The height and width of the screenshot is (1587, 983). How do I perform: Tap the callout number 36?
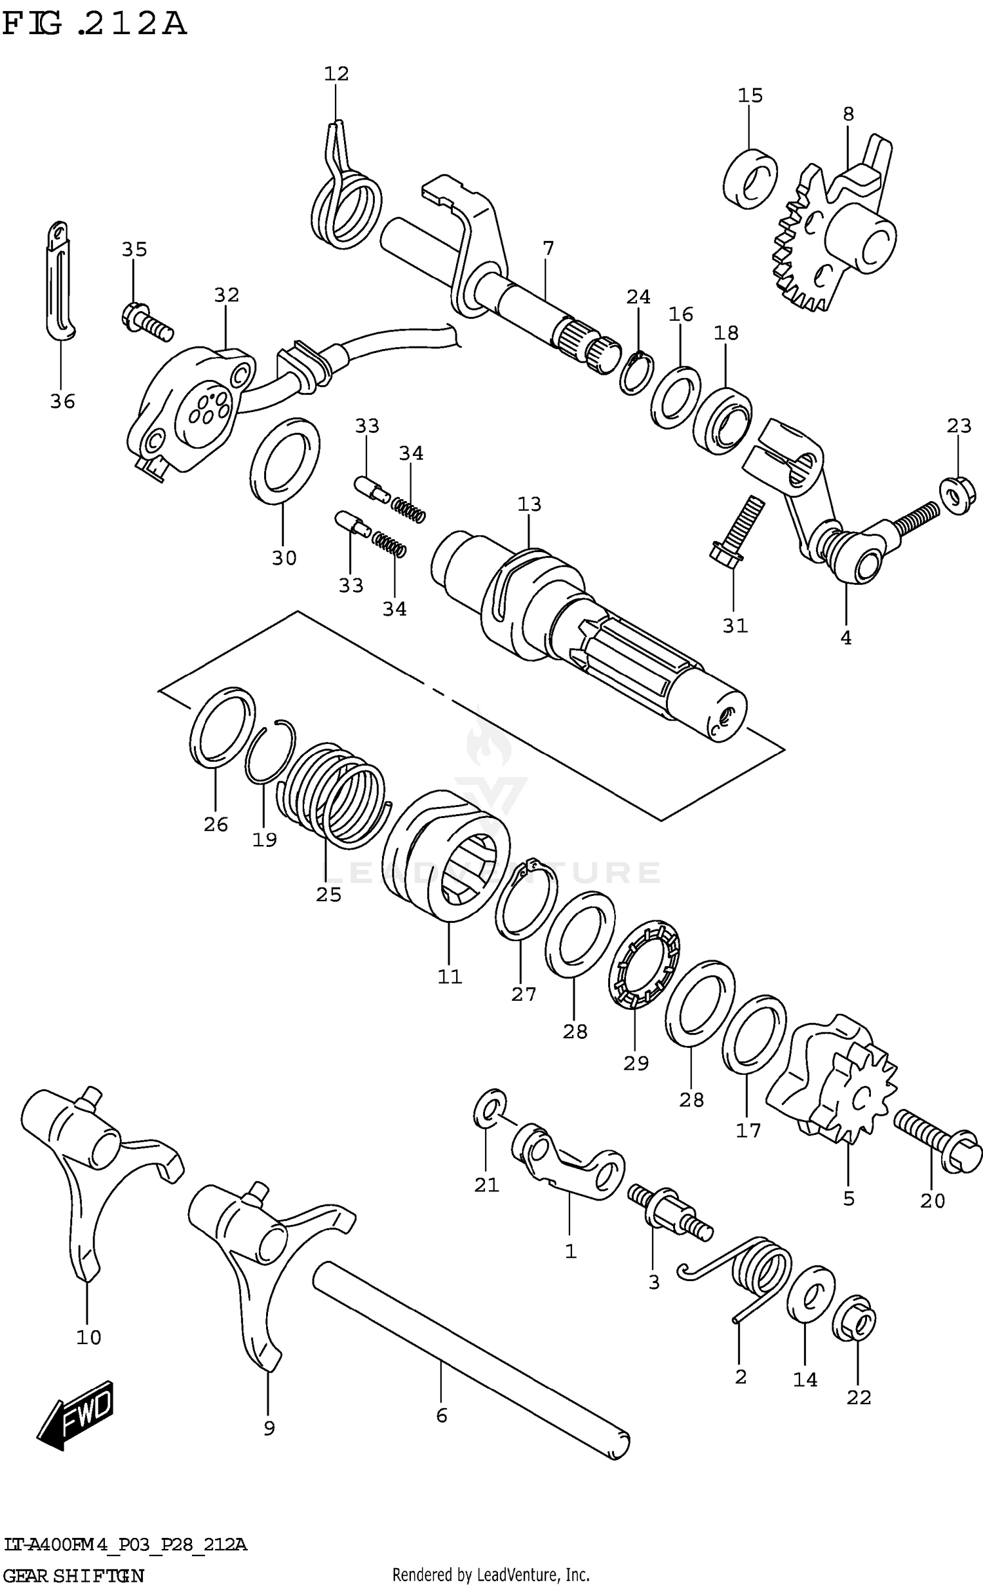click(x=63, y=401)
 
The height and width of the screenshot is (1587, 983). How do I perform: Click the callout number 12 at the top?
click(x=336, y=74)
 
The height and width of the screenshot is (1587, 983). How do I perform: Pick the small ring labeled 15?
click(x=750, y=179)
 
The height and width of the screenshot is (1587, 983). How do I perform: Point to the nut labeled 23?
click(x=957, y=496)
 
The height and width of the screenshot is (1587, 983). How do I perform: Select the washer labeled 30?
click(x=285, y=461)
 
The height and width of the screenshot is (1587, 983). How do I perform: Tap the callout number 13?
click(x=530, y=504)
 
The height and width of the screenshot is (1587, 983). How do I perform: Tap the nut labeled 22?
click(x=854, y=1318)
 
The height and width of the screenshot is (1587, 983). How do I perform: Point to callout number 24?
click(x=638, y=297)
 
